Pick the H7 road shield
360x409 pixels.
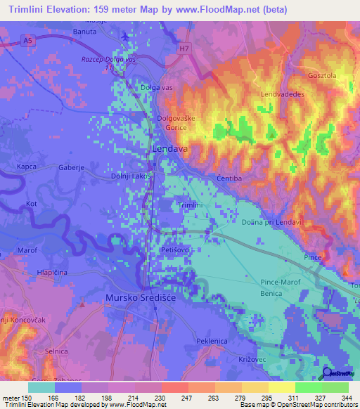(x=184, y=49)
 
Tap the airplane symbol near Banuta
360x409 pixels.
(x=125, y=36)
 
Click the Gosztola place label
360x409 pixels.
(x=323, y=75)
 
